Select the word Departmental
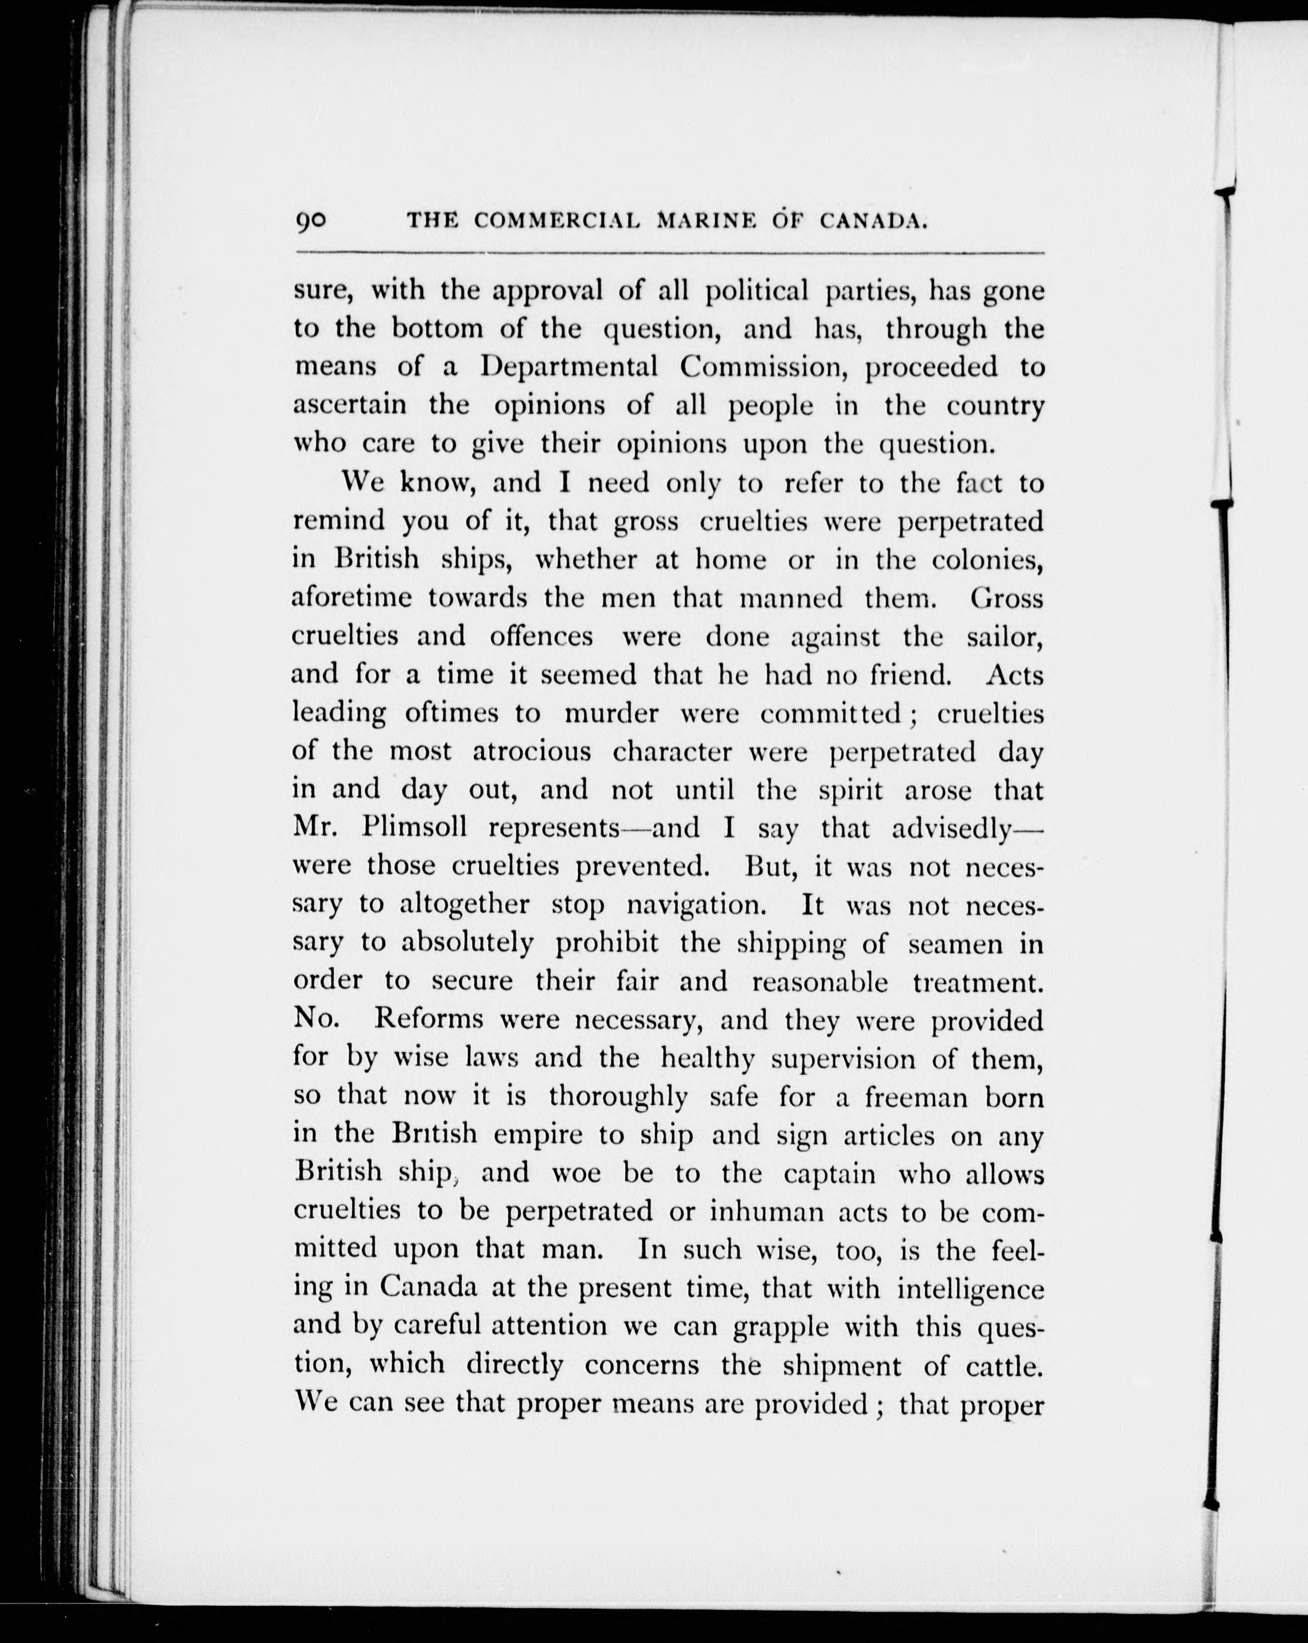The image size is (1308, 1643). pyautogui.click(x=570, y=367)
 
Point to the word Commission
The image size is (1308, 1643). pyautogui.click(x=766, y=367)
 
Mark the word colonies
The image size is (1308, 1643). pyautogui.click(x=987, y=560)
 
